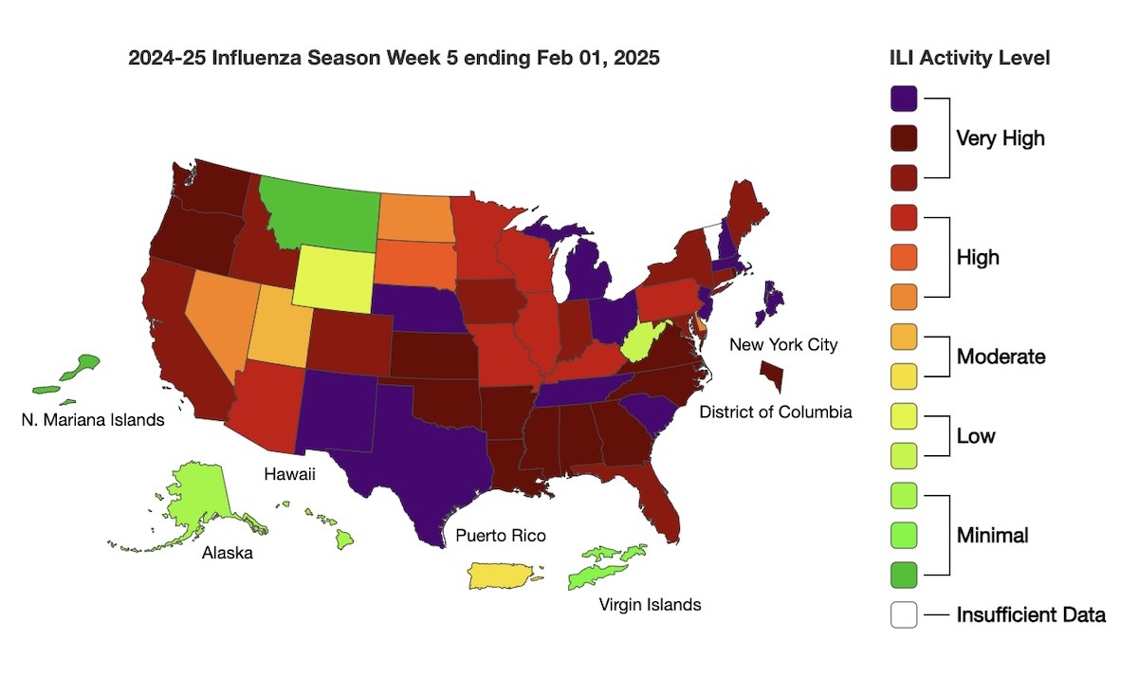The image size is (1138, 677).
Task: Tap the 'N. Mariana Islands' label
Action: (92, 419)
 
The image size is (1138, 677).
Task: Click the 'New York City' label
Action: (782, 344)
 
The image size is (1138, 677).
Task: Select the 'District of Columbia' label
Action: (775, 412)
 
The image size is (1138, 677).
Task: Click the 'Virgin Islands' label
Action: (650, 604)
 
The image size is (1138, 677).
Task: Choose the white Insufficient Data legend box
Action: (904, 614)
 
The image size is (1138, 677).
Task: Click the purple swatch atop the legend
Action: (904, 98)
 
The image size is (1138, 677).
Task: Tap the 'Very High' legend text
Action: (1000, 138)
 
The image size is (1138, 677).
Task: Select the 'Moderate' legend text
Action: (1000, 357)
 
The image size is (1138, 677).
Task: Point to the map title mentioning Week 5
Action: (394, 58)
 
